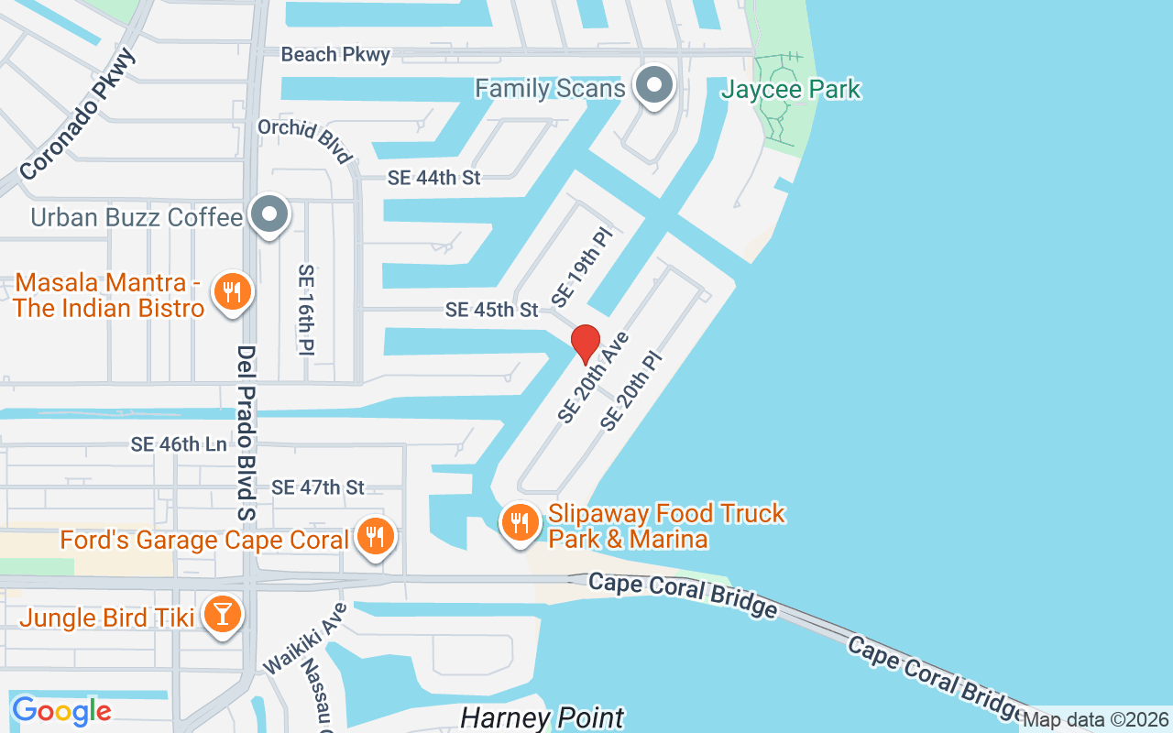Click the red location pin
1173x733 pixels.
tap(586, 344)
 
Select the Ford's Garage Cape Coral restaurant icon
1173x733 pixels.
tap(374, 536)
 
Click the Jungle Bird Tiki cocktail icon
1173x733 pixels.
tap(223, 615)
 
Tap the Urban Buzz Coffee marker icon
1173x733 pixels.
tap(269, 215)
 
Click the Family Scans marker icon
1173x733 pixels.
tap(654, 87)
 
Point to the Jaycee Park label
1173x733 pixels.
tap(791, 90)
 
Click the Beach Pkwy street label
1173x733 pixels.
tap(335, 55)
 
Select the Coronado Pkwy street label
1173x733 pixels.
tap(78, 115)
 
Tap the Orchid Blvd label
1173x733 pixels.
tap(305, 140)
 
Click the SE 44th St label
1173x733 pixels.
tap(434, 178)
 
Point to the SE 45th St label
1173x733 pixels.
tap(492, 310)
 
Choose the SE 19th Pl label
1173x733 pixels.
tap(581, 268)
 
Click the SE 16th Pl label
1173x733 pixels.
tap(306, 309)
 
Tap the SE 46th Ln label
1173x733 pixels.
tap(179, 444)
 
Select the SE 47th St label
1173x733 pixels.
tap(318, 487)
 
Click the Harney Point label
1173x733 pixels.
tap(542, 717)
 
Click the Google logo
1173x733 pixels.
tap(61, 710)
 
